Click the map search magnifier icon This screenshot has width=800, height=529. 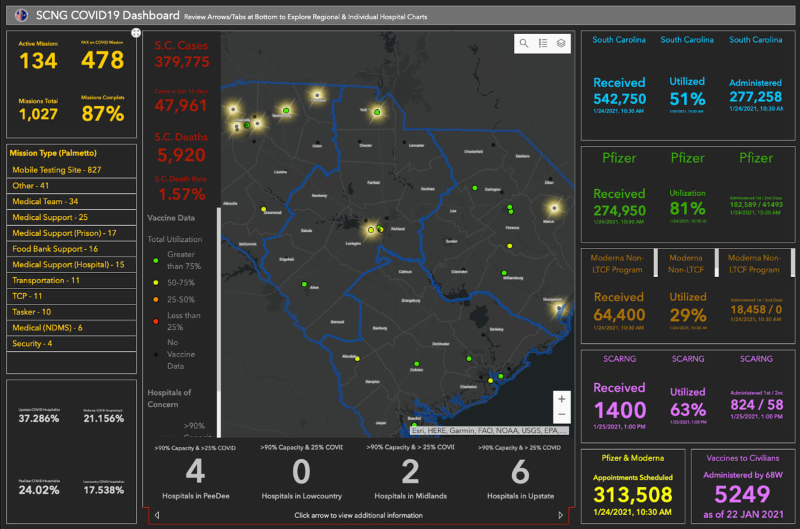coord(524,43)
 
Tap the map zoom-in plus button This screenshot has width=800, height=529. coord(561,399)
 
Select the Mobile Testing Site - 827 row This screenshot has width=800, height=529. coord(57,170)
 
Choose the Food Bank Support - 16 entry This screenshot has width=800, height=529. coord(55,249)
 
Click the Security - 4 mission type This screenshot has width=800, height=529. coord(32,344)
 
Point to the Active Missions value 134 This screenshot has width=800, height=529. coord(38,61)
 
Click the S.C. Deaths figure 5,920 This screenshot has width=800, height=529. coord(181,155)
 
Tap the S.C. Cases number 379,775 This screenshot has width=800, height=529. coord(181,62)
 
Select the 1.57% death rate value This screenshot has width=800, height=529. coord(181,195)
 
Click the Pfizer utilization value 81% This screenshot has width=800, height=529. coord(687,209)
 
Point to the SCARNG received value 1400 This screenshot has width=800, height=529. coord(619,410)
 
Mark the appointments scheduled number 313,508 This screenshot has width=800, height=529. coord(633,494)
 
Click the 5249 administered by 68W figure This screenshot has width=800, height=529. coord(743,494)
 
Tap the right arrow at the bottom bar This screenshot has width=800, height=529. coord(561,515)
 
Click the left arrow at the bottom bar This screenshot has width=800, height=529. coord(157,515)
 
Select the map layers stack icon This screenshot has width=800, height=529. coord(561,43)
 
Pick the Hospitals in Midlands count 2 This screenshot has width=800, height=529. coord(410,472)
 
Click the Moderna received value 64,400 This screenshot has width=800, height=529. coord(619,314)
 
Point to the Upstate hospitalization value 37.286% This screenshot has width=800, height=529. coord(39,418)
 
